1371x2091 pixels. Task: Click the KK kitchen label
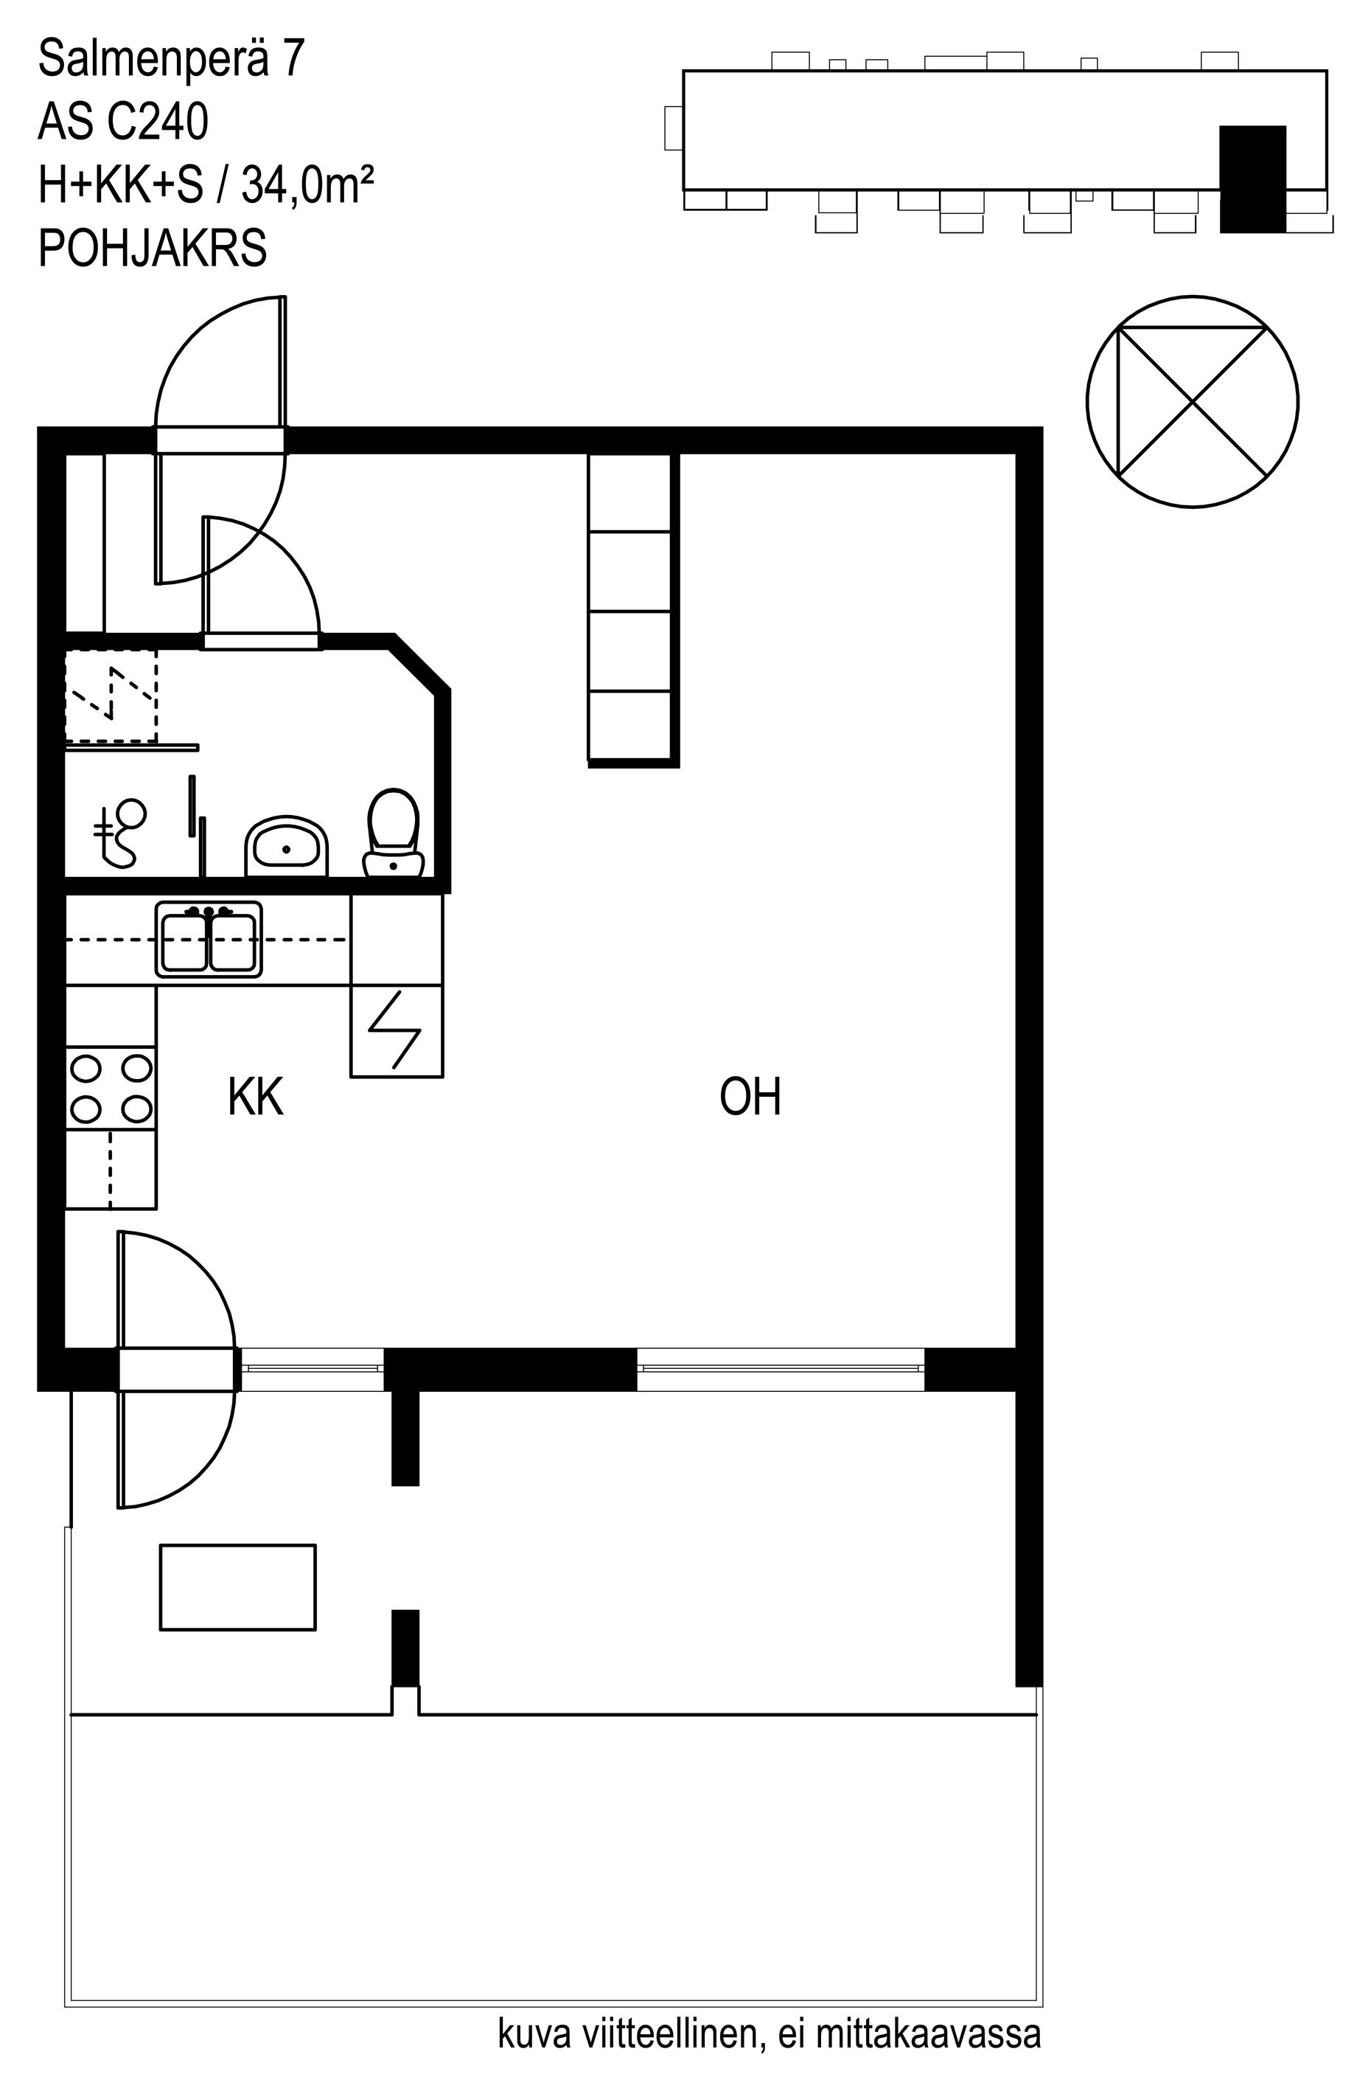[255, 1097]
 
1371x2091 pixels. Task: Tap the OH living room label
[750, 1097]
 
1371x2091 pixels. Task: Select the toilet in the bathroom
[394, 832]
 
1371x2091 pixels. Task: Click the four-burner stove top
[111, 1089]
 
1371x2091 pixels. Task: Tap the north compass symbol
[1192, 401]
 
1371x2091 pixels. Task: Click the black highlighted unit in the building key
[1252, 179]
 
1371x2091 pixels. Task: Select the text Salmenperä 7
[171, 59]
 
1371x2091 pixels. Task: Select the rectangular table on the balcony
[238, 1587]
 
